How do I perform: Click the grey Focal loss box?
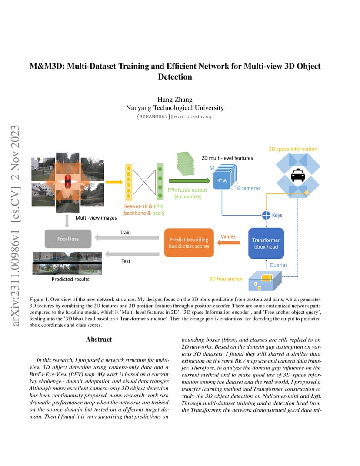tap(68, 239)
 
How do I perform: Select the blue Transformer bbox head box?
tap(266, 243)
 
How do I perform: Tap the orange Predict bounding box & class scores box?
tap(189, 243)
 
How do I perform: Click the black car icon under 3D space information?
tap(298, 175)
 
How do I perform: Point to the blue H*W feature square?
tap(222, 180)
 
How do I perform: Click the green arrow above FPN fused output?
tap(190, 181)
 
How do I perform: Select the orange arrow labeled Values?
tap(228, 243)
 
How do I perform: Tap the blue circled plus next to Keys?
tap(266, 215)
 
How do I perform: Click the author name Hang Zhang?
tap(175, 99)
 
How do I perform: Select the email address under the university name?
tap(174, 116)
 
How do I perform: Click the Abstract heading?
tap(99, 340)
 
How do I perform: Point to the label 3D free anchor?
tap(226, 279)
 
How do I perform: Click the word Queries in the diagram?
tap(279, 265)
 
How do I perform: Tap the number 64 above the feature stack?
tap(212, 168)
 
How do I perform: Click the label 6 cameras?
tap(249, 188)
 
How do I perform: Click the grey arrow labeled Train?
tap(127, 237)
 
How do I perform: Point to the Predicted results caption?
tap(70, 279)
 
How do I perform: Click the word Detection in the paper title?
tap(175, 77)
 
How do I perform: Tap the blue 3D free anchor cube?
tap(265, 280)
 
